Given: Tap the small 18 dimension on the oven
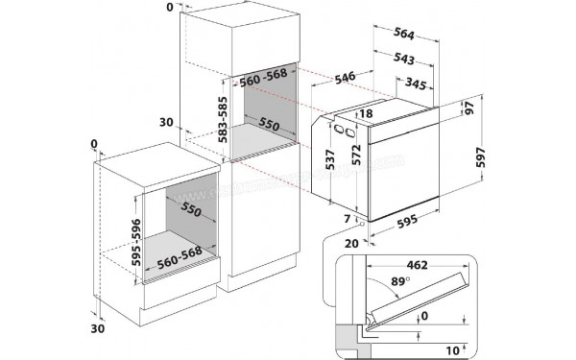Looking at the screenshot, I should pos(366,114).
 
